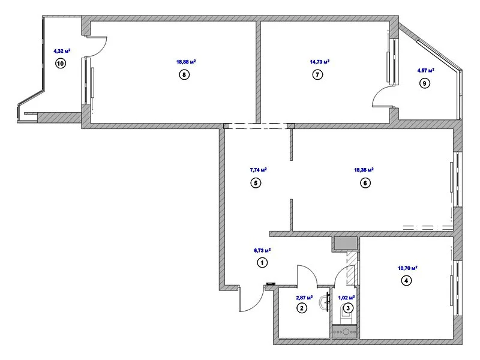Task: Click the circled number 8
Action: [x=184, y=75]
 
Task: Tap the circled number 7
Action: [x=318, y=75]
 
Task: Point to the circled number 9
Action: [x=425, y=84]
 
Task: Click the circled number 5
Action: [x=256, y=184]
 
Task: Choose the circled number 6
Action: [x=364, y=184]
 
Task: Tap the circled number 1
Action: [x=262, y=262]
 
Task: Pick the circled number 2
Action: [x=302, y=308]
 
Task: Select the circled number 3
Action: [x=348, y=308]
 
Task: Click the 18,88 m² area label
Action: [x=186, y=61]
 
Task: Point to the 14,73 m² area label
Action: [x=319, y=61]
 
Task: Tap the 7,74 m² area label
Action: [x=257, y=170]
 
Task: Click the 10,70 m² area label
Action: [x=407, y=268]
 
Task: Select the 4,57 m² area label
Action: [x=425, y=70]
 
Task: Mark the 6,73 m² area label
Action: [x=262, y=250]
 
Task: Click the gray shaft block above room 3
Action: [x=346, y=244]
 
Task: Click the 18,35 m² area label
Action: [x=364, y=170]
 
